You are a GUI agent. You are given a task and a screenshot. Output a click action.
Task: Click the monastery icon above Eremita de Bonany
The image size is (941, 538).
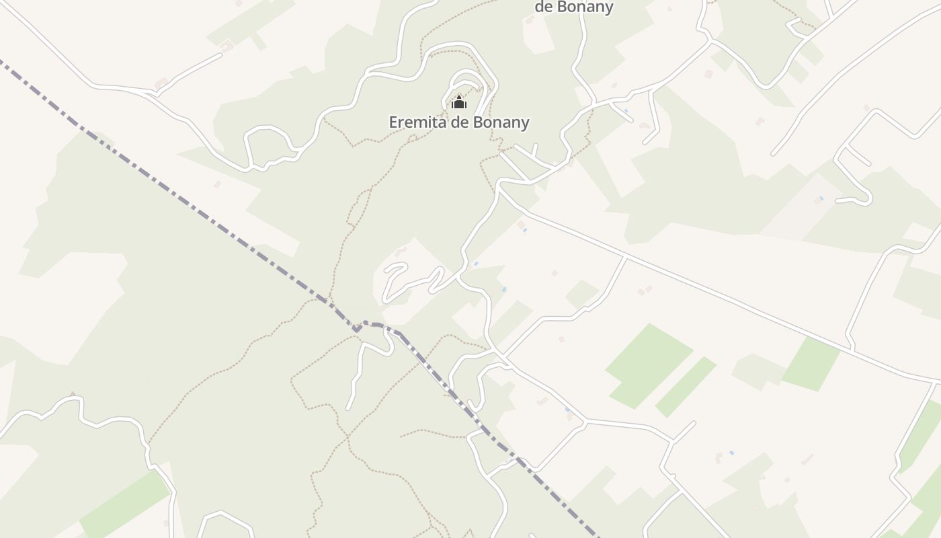459,103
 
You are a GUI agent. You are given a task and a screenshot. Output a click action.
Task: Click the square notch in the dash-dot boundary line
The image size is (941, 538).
358,328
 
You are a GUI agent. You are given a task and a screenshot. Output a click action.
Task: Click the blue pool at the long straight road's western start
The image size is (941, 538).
524,230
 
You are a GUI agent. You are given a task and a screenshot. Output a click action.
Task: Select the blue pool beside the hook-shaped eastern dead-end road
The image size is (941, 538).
820,198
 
